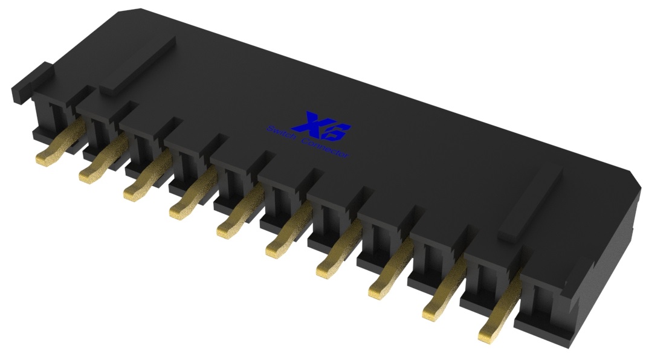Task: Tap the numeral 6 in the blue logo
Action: tap(340, 129)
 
